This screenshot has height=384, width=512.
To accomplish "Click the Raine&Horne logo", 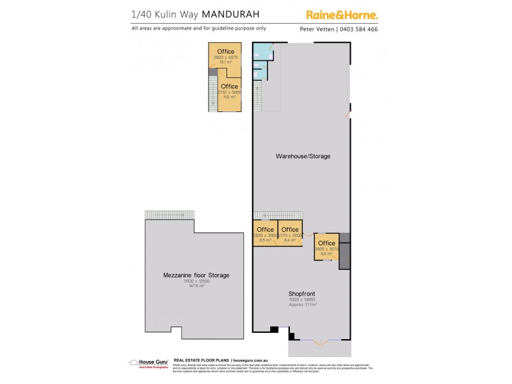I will [x=341, y=14].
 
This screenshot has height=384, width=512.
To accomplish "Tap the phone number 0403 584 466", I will [x=359, y=29].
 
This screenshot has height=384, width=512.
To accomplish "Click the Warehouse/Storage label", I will [x=303, y=156].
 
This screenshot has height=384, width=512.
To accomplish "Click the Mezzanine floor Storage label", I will [x=196, y=275].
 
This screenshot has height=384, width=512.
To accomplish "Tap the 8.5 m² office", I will [x=265, y=234].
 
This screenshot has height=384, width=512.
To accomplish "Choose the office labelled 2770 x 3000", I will [x=290, y=234].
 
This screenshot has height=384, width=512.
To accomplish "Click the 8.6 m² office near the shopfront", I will [x=326, y=247].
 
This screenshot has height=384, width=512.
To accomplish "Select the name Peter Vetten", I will [x=317, y=29].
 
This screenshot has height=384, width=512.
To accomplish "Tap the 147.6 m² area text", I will [x=196, y=286].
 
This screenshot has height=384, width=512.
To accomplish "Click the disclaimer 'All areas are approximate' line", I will [x=198, y=28].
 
